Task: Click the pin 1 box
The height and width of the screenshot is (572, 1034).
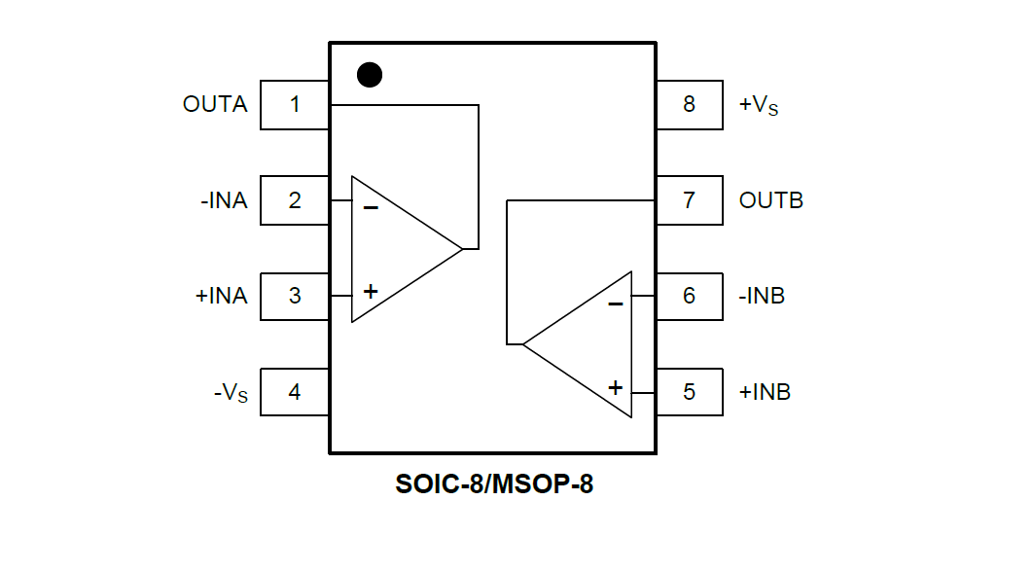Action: tap(295, 104)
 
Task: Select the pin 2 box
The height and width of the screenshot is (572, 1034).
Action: tap(295, 200)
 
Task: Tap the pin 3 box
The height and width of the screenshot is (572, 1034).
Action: tap(295, 296)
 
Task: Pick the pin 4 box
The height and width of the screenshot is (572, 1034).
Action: tap(295, 392)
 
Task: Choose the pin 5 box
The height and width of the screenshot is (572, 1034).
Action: tap(689, 392)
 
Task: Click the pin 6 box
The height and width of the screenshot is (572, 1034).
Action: tap(689, 296)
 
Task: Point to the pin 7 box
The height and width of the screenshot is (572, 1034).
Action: tap(689, 200)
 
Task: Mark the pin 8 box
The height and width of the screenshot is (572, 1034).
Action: tap(689, 104)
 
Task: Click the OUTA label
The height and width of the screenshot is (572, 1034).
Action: tap(215, 104)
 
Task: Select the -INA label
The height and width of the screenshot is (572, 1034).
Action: tap(224, 200)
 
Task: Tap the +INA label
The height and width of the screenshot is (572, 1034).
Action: tap(221, 296)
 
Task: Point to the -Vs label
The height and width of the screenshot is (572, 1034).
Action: tap(231, 393)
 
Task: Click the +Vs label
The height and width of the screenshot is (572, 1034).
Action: tap(759, 105)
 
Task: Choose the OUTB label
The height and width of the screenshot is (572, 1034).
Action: tap(771, 200)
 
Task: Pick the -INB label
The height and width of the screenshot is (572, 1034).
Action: tap(762, 296)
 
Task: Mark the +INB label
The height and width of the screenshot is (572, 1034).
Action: tap(765, 392)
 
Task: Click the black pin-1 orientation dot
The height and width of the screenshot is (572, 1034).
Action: tap(370, 75)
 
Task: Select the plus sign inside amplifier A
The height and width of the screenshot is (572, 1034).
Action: tap(371, 291)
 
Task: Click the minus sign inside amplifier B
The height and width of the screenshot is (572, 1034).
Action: tap(615, 304)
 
